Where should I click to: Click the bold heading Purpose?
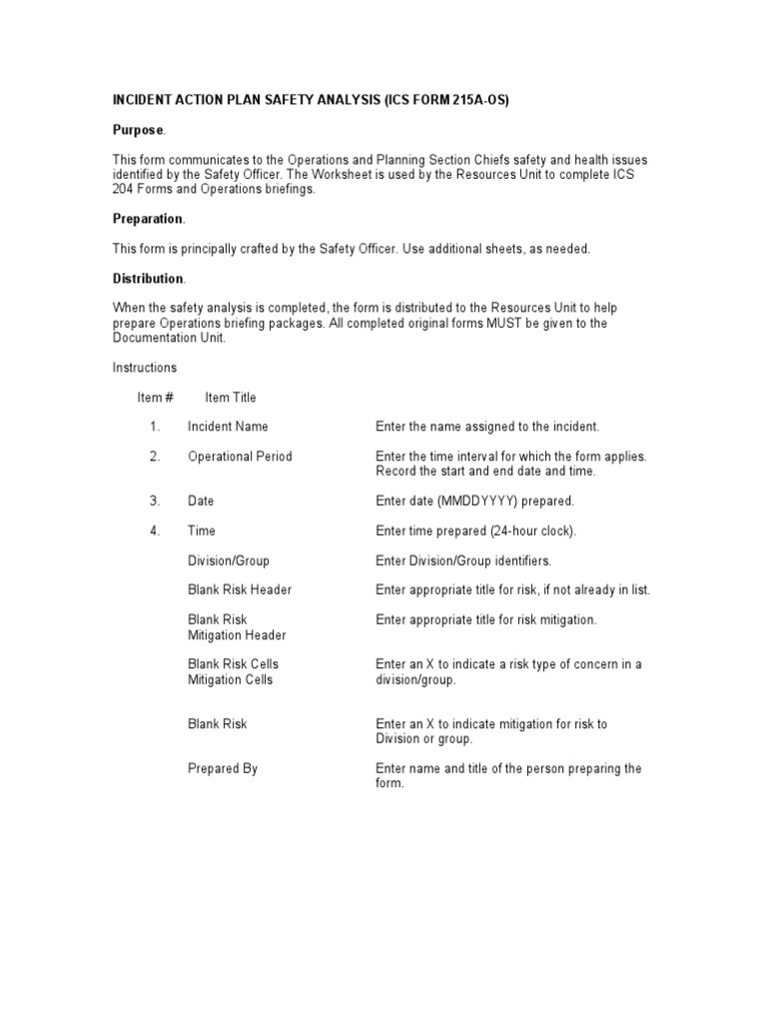point(138,131)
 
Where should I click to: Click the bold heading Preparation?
point(147,219)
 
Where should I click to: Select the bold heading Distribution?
point(147,278)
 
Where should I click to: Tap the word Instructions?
point(144,368)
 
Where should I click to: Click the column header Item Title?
point(231,398)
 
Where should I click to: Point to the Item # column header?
point(156,398)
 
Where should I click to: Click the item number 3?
point(155,501)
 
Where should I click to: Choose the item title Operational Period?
point(240,457)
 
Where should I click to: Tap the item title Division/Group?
point(228,560)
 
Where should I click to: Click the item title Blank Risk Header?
point(240,589)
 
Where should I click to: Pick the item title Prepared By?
point(222,768)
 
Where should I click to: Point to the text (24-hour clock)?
point(529,530)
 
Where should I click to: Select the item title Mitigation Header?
point(237,635)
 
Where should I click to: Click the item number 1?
point(155,427)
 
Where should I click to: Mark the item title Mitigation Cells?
point(230,679)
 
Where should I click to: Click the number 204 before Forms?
point(123,189)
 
